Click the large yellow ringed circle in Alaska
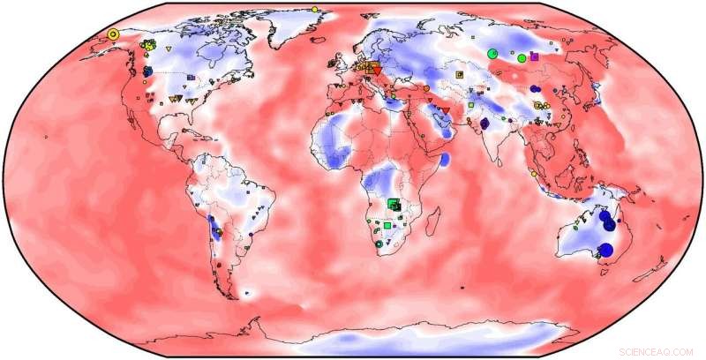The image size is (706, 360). [113, 34]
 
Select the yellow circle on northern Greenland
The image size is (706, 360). [314, 9]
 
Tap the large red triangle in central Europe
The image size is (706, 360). [374, 68]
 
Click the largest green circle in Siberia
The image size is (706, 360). [493, 54]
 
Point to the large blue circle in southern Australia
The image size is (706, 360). [605, 250]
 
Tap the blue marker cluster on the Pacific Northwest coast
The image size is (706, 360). [147, 70]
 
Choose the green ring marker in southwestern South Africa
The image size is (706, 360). [379, 244]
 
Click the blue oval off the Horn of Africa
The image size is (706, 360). [446, 160]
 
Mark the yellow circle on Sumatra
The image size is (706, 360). [534, 174]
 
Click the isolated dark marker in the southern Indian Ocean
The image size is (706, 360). [463, 286]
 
